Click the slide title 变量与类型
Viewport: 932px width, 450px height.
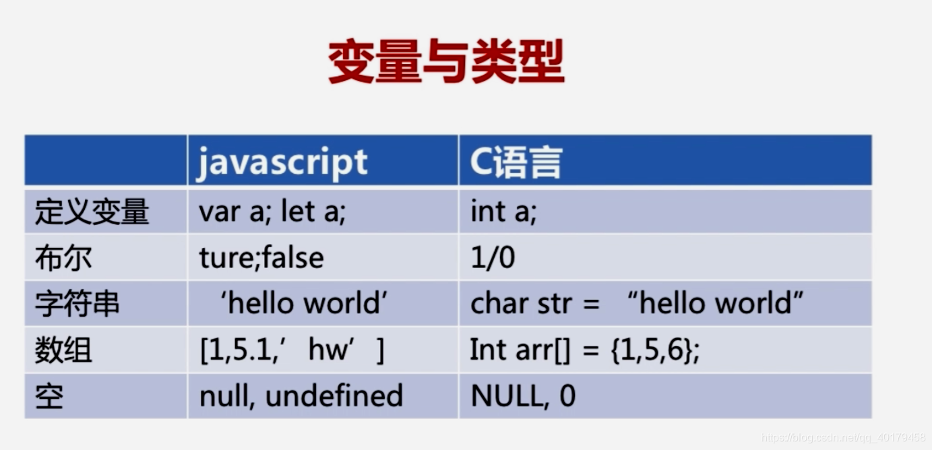pos(446,63)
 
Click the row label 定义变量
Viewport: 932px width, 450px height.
pos(92,212)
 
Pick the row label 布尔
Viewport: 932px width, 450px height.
pos(63,258)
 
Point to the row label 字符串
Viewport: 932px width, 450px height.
pos(77,304)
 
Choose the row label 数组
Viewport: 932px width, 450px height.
pos(63,350)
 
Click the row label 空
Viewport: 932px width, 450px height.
pos(49,396)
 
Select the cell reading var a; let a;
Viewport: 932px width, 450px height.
pos(272,212)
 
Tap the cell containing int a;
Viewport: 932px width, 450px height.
pos(503,212)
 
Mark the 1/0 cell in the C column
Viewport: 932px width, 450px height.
pos(493,258)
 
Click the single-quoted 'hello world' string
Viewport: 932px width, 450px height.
pos(304,304)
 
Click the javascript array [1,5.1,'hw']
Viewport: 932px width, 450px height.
pos(292,350)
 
